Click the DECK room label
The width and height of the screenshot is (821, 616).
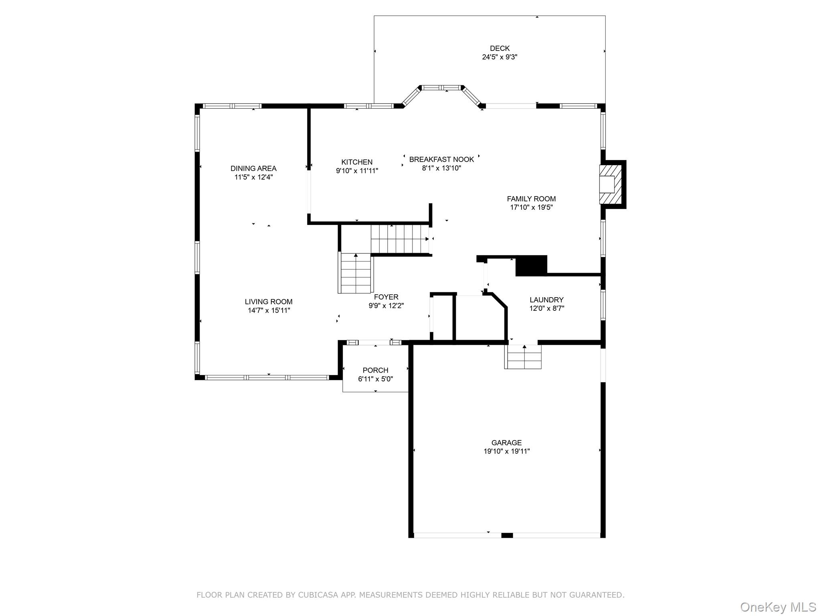pyautogui.click(x=499, y=49)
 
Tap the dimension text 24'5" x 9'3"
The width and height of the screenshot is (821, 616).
pyautogui.click(x=499, y=57)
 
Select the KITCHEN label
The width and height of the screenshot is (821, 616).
pyautogui.click(x=357, y=162)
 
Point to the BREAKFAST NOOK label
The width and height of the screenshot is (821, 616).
pyautogui.click(x=441, y=159)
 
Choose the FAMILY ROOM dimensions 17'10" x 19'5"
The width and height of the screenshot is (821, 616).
pyautogui.click(x=531, y=207)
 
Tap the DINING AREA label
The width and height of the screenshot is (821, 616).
pyautogui.click(x=253, y=168)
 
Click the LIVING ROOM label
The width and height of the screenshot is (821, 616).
pyautogui.click(x=269, y=302)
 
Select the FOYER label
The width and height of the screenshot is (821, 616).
pyautogui.click(x=386, y=297)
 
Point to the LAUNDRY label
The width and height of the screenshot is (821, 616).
pyautogui.click(x=546, y=300)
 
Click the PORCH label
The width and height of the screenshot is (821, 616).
pyautogui.click(x=375, y=370)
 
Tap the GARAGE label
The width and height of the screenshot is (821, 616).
pyautogui.click(x=506, y=442)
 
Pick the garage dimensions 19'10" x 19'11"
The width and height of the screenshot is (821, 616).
pyautogui.click(x=506, y=451)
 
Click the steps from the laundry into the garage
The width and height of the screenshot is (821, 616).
pyautogui.click(x=523, y=357)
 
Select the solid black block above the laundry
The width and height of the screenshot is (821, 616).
pyautogui.click(x=531, y=265)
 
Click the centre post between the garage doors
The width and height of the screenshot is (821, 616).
pyautogui.click(x=507, y=535)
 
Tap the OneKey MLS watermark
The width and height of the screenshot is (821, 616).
pyautogui.click(x=778, y=607)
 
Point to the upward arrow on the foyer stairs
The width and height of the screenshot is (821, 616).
pyautogui.click(x=356, y=255)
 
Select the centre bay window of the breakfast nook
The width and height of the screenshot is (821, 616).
pyautogui.click(x=441, y=87)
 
